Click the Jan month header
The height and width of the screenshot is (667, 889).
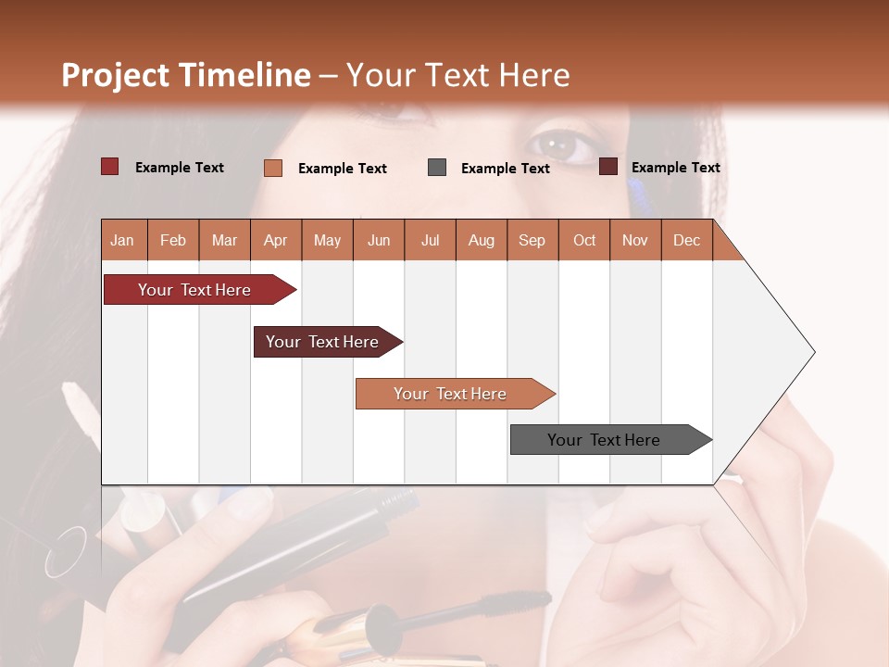123,240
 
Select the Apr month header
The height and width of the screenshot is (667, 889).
276,240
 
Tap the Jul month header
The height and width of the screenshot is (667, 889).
430,240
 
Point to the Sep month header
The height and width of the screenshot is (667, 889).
532,240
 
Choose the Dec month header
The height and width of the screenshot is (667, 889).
686,240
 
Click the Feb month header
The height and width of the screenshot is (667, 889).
173,240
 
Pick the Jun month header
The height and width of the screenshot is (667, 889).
379,240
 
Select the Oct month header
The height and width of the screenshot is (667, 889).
584,240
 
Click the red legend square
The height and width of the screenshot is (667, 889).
110,167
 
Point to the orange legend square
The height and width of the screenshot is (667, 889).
273,168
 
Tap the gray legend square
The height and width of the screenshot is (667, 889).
437,168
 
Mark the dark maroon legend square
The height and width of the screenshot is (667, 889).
608,167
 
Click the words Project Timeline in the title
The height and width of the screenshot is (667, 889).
186,75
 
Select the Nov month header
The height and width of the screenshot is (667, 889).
635,240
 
